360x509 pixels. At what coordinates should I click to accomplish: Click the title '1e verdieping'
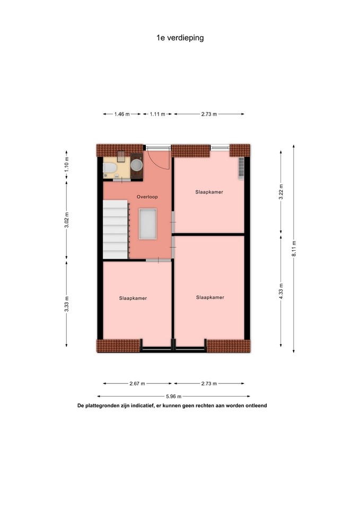click(x=180, y=38)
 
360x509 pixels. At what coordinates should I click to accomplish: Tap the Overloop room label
click(x=147, y=197)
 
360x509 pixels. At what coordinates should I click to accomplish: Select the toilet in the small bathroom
click(x=109, y=168)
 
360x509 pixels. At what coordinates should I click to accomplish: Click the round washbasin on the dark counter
click(x=137, y=165)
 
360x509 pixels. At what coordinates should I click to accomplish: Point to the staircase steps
click(x=116, y=229)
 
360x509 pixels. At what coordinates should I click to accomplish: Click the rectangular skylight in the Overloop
click(x=148, y=224)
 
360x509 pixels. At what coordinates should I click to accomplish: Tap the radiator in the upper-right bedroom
click(x=241, y=168)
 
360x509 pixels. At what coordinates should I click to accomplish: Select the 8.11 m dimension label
click(x=294, y=249)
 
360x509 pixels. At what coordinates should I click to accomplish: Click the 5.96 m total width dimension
click(x=174, y=397)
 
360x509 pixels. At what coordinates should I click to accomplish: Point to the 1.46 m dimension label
click(x=122, y=115)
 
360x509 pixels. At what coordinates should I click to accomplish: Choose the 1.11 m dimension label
click(x=157, y=115)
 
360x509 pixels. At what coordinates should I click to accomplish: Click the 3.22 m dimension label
click(x=281, y=192)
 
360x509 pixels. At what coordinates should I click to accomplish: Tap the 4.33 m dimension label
click(x=281, y=292)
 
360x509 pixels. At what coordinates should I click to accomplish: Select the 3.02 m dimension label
click(x=67, y=220)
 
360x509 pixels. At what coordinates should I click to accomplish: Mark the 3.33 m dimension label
click(x=67, y=304)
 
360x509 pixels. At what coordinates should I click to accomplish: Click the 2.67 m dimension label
click(x=137, y=384)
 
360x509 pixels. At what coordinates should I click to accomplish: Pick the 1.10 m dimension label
click(x=67, y=164)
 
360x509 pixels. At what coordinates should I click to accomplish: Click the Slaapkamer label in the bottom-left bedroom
click(x=133, y=299)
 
